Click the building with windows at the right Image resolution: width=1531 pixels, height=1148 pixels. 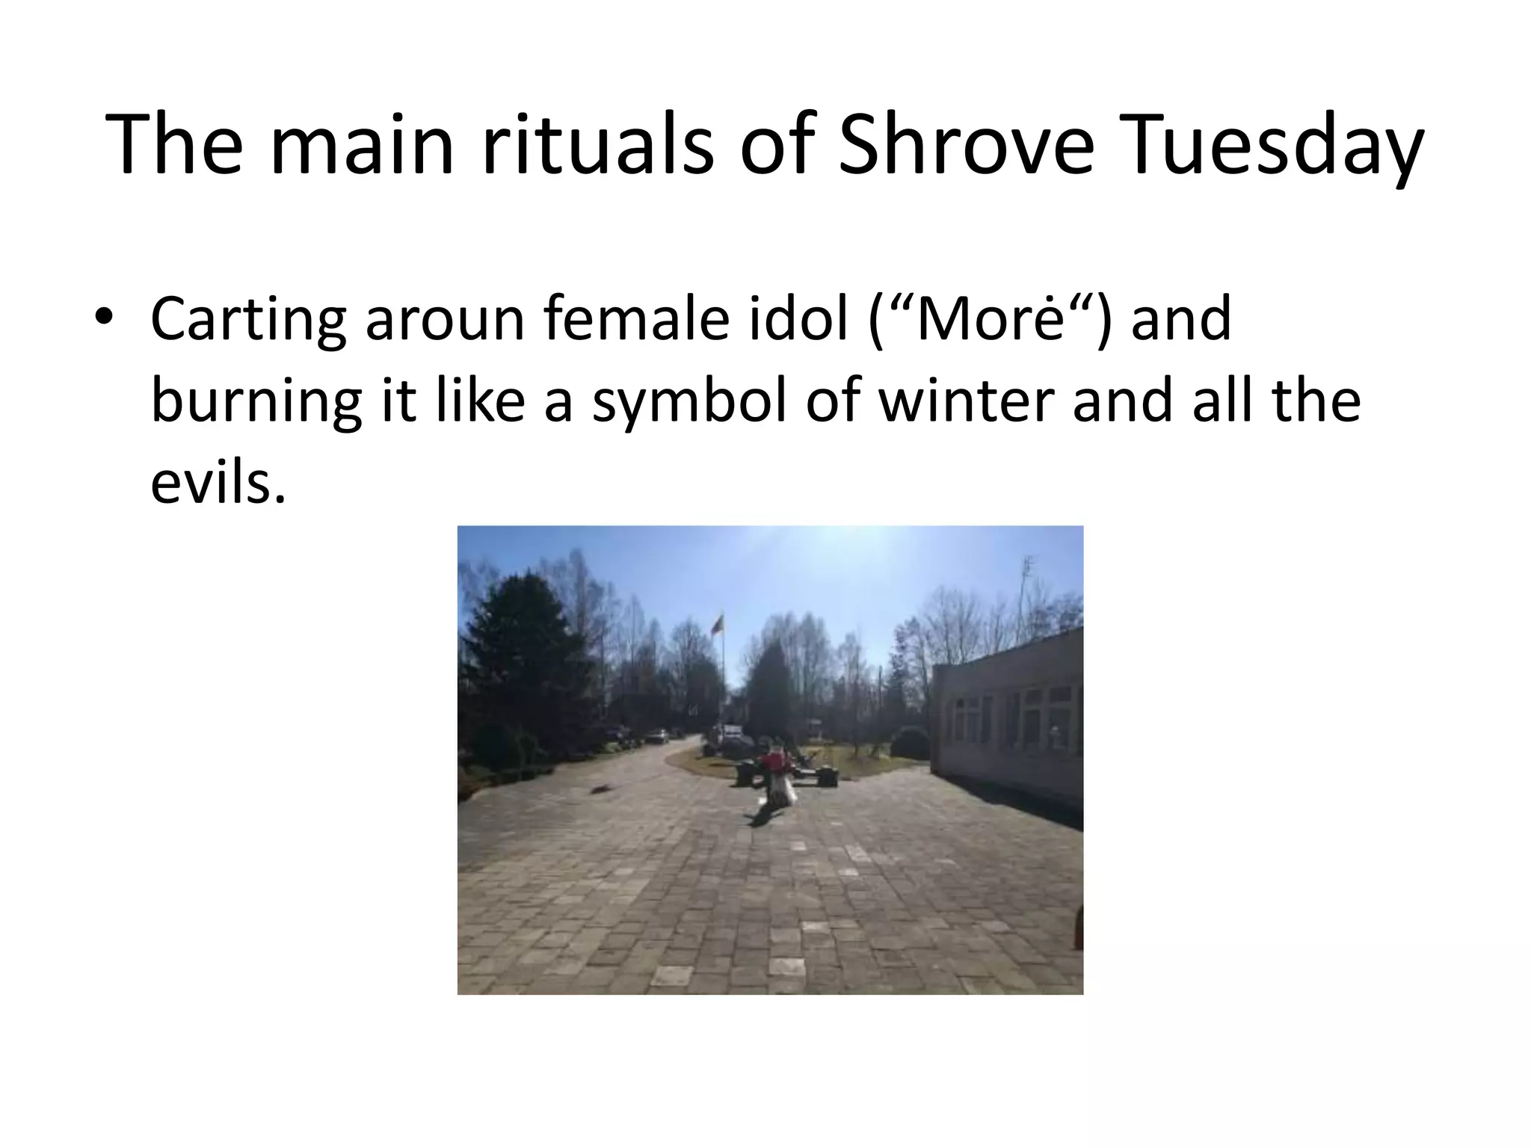(1009, 717)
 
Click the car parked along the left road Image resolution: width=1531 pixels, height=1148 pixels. (657, 736)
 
